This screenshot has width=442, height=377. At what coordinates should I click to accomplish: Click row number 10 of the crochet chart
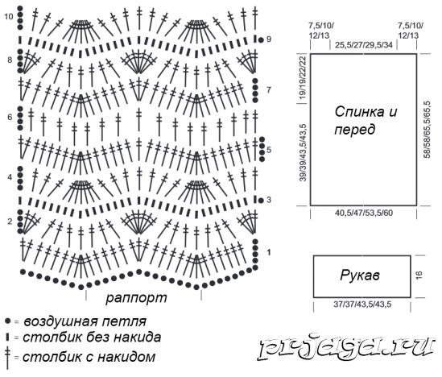click(9, 17)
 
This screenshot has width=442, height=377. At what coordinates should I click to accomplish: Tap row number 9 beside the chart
click(269, 39)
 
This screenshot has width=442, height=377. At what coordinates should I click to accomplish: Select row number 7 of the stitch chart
click(269, 90)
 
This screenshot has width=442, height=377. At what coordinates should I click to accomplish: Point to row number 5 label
click(269, 150)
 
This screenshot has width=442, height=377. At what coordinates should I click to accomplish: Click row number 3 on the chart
click(269, 200)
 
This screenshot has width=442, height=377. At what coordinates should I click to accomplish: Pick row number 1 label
click(269, 252)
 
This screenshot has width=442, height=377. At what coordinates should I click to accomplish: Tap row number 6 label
click(10, 117)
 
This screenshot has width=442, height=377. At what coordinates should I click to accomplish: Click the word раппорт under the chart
click(136, 298)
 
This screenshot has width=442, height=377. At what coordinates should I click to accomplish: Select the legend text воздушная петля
click(85, 321)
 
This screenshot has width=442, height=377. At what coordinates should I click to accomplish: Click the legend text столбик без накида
click(92, 338)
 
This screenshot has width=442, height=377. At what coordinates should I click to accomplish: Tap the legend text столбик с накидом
click(89, 357)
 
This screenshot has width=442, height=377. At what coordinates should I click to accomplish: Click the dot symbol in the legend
click(7, 321)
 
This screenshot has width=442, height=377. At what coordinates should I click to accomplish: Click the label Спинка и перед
click(366, 121)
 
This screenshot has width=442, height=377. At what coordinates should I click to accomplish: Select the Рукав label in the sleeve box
click(360, 275)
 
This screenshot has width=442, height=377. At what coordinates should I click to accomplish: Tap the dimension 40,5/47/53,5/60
click(364, 213)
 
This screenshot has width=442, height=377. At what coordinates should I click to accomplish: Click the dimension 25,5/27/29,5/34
click(364, 44)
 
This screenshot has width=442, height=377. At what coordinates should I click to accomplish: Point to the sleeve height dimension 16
click(419, 275)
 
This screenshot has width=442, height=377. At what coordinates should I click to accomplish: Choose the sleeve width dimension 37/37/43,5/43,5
click(362, 304)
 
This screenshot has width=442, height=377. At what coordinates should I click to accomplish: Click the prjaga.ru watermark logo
click(346, 348)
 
